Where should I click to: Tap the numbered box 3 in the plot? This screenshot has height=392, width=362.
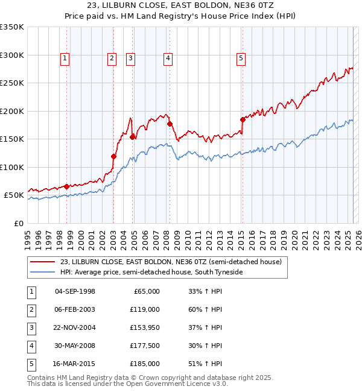(130, 58)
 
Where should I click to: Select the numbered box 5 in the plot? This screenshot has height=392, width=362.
(241, 58)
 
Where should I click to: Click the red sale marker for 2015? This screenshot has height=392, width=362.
(243, 119)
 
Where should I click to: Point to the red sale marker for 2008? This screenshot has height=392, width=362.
(170, 124)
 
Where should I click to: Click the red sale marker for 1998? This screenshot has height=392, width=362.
(66, 186)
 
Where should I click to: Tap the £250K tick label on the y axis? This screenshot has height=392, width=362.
(12, 83)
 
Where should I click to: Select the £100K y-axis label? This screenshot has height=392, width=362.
(12, 167)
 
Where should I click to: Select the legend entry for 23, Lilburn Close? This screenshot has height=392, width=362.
(171, 262)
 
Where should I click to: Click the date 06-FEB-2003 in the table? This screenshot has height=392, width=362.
(75, 309)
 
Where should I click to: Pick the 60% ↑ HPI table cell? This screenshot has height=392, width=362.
(205, 309)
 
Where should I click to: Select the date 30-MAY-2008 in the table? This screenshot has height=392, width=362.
(75, 346)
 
